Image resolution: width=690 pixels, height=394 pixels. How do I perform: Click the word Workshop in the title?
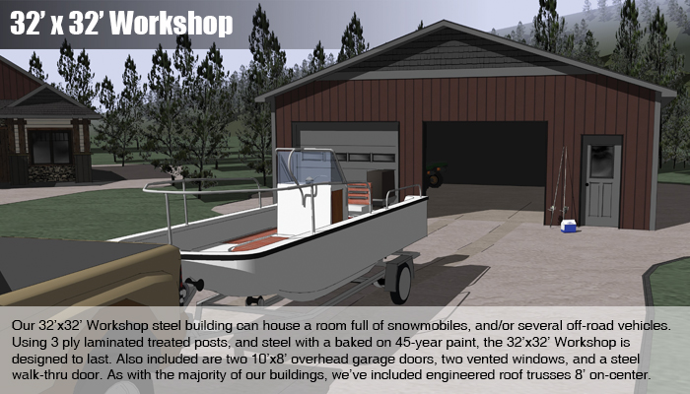coord(172,24)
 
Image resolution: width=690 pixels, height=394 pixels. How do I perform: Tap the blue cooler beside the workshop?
coord(568,226)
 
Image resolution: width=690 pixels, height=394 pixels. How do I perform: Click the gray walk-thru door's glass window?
coord(601,162)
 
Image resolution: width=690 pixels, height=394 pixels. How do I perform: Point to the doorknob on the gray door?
coord(587,184)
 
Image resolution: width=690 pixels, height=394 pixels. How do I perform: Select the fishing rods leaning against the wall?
coord(559,187)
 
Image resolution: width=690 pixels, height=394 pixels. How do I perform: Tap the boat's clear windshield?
coord(308,167)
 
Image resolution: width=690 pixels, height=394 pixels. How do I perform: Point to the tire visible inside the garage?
coord(435,178)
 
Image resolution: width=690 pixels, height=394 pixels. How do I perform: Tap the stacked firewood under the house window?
coord(51,173)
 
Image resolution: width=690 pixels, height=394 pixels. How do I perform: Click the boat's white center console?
coord(304,209)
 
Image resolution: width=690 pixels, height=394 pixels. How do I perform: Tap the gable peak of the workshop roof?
coord(444,21)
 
